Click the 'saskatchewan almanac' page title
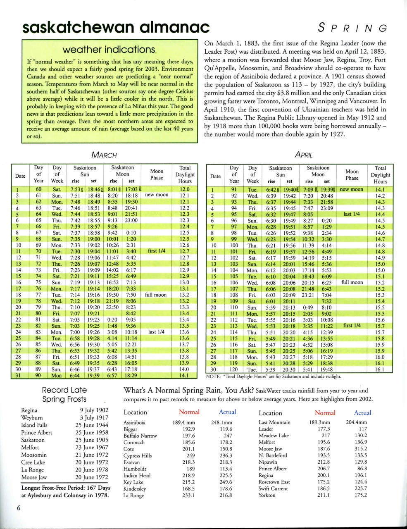click(x=116, y=27)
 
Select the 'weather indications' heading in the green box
click(x=109, y=50)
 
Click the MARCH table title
click(x=104, y=155)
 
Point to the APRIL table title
click(x=303, y=155)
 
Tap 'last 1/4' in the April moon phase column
click(x=352, y=214)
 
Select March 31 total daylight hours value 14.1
click(x=184, y=376)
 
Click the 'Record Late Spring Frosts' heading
click(x=64, y=394)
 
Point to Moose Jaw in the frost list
click(x=34, y=477)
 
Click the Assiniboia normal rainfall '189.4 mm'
click(x=183, y=422)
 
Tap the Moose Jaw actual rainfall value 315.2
click(x=361, y=449)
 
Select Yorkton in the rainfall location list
click(x=267, y=495)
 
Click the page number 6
click(x=19, y=508)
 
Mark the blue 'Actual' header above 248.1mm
click(x=227, y=412)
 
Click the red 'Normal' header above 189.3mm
click(x=325, y=413)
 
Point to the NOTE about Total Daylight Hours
click(x=273, y=376)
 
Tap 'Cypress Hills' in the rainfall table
click(x=138, y=455)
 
